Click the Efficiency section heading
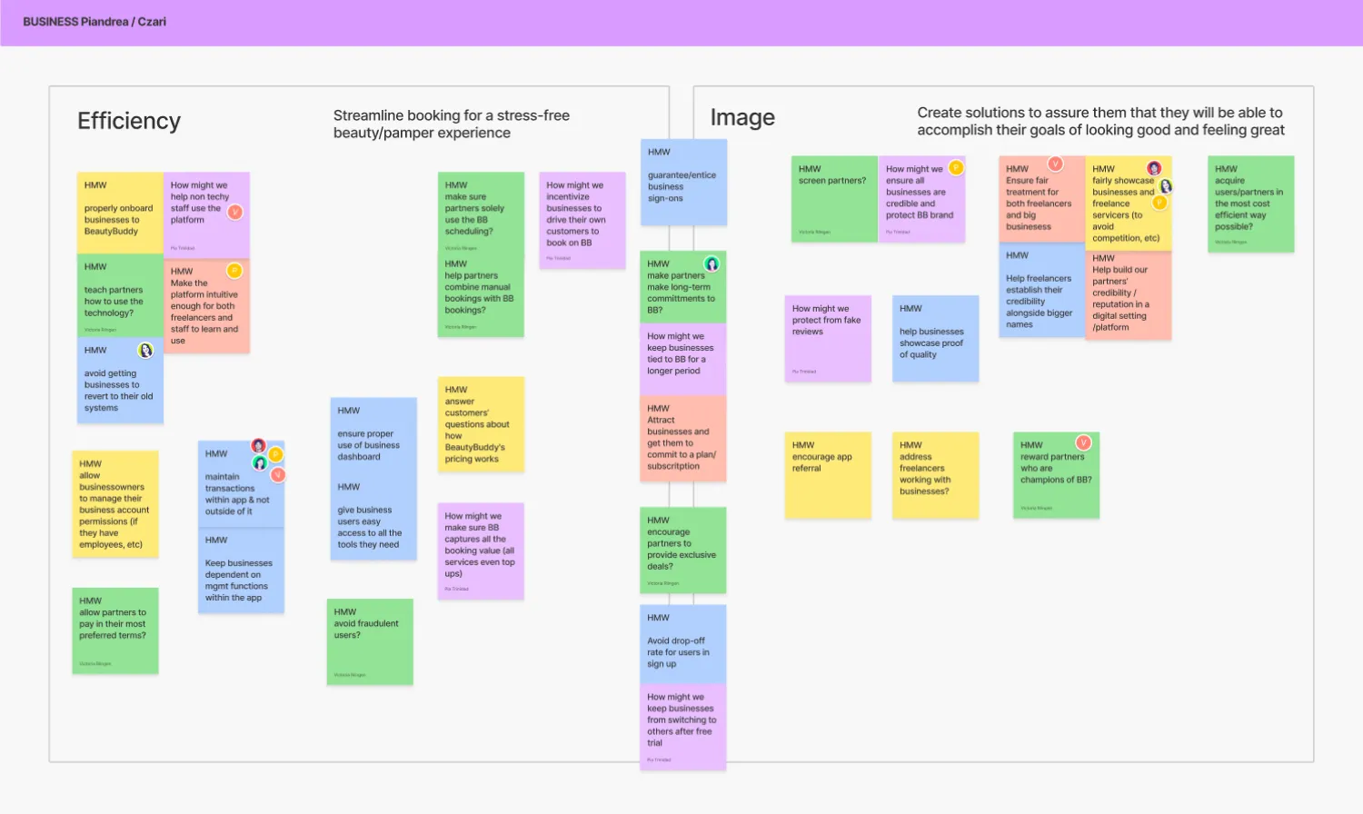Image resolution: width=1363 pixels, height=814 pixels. (x=129, y=121)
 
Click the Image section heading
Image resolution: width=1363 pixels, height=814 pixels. (x=742, y=117)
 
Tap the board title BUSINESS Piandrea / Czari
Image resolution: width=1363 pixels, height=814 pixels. (x=95, y=22)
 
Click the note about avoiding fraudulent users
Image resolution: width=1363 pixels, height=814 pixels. (x=370, y=641)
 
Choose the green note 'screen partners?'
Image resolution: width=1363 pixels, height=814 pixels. (x=834, y=199)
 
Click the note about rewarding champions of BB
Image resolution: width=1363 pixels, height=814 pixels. (x=1056, y=474)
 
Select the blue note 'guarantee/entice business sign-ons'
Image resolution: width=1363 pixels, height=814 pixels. (x=683, y=182)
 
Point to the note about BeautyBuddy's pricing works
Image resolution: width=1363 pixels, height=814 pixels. (x=481, y=424)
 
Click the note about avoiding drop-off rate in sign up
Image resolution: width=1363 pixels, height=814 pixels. (x=682, y=644)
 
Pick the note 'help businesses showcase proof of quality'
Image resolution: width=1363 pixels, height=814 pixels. (x=935, y=338)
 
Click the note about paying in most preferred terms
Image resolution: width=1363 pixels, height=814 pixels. (x=115, y=630)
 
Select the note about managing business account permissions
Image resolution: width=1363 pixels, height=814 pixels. (x=115, y=504)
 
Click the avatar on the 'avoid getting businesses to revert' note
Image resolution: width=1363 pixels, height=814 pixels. (x=145, y=351)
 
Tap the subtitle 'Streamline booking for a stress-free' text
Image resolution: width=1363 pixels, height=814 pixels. (x=451, y=115)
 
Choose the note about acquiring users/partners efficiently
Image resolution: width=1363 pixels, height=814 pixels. (x=1250, y=203)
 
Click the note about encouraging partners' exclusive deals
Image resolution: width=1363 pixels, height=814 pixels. (x=682, y=550)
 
